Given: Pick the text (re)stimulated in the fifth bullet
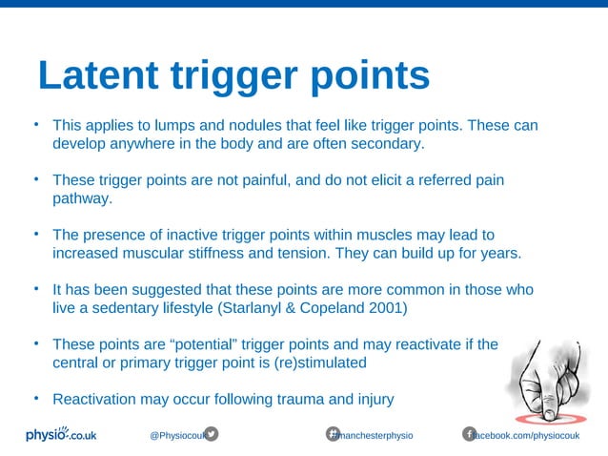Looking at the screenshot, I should click(319, 363).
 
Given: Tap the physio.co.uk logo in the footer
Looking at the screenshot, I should click(60, 434).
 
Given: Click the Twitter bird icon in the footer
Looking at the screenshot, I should click(212, 434).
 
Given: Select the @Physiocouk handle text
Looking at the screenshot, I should click(176, 435).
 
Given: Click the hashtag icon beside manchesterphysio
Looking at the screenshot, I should click(334, 434).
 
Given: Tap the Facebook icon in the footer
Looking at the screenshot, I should click(469, 434).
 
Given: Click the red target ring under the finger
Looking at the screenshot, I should click(551, 418).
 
